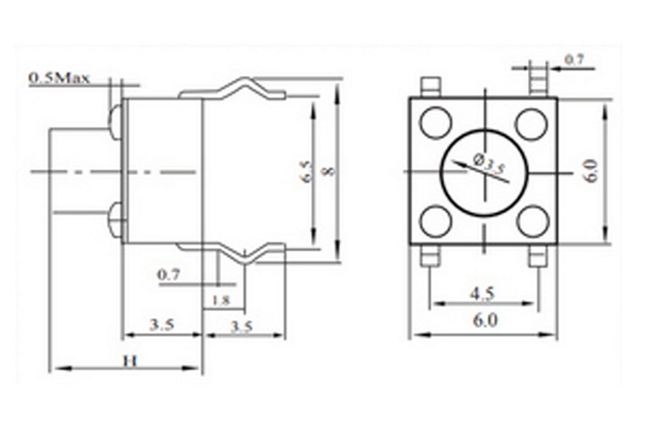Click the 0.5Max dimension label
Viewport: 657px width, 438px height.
pyautogui.click(x=59, y=78)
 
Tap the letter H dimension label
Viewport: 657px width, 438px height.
pyautogui.click(x=130, y=361)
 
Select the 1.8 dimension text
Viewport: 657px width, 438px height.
pyautogui.click(x=221, y=300)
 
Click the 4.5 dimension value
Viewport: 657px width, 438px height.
pyautogui.click(x=482, y=293)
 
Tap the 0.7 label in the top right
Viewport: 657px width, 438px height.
pyautogui.click(x=574, y=60)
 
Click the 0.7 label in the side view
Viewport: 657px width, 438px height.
pyautogui.click(x=169, y=274)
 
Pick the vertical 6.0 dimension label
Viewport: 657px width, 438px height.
pyautogui.click(x=591, y=171)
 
